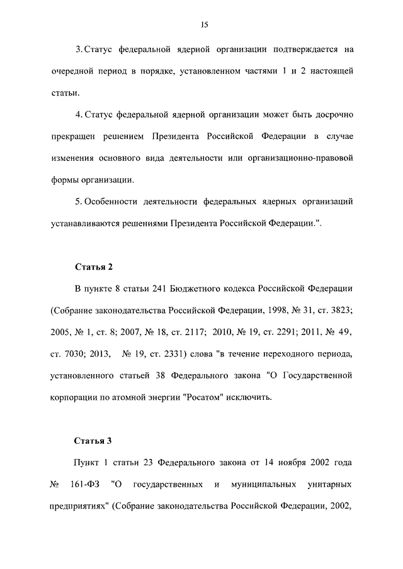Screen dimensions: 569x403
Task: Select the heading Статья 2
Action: (94, 267)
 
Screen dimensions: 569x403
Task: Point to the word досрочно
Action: (332, 114)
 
